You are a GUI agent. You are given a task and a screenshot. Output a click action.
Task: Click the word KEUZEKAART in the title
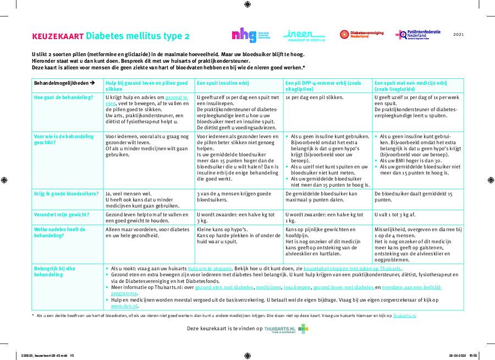tap(58, 36)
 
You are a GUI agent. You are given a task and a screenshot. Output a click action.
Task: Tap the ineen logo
tap(305, 35)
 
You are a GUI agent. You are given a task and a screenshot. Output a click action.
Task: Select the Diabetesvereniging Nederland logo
tap(361, 35)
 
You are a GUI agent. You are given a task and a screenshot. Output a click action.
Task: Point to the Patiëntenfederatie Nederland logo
tap(418, 35)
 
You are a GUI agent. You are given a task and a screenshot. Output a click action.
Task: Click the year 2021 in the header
tap(458, 34)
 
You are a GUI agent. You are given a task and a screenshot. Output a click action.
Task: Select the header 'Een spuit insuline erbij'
tap(222, 83)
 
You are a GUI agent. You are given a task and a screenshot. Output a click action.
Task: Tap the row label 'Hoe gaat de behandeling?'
tap(63, 97)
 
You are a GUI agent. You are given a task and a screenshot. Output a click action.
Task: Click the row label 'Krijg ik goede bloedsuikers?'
tap(66, 194)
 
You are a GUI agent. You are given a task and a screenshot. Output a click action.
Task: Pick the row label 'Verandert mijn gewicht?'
tap(62, 214)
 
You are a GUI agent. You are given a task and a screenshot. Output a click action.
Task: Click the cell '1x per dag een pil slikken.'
tap(314, 97)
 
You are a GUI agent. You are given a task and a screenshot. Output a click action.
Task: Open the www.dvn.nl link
tap(124, 306)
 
